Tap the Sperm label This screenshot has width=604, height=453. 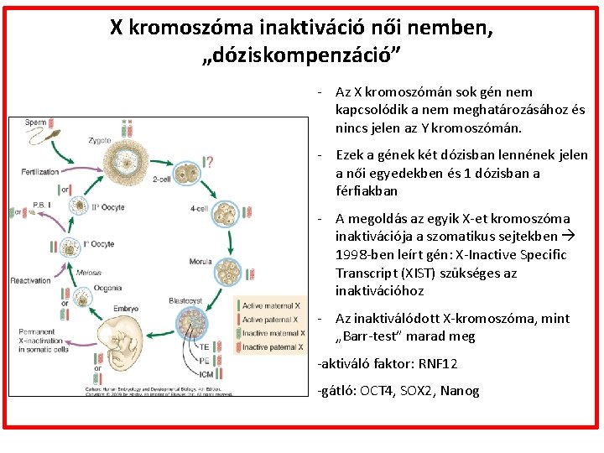pyautogui.click(x=36, y=122)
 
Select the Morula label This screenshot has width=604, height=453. pyautogui.click(x=201, y=262)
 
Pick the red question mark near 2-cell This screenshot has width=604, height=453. pyautogui.click(x=207, y=162)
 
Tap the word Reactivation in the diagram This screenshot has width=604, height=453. pyautogui.click(x=32, y=280)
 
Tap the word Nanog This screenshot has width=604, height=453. pyautogui.click(x=461, y=391)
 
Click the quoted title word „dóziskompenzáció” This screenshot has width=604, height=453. pyautogui.click(x=302, y=56)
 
